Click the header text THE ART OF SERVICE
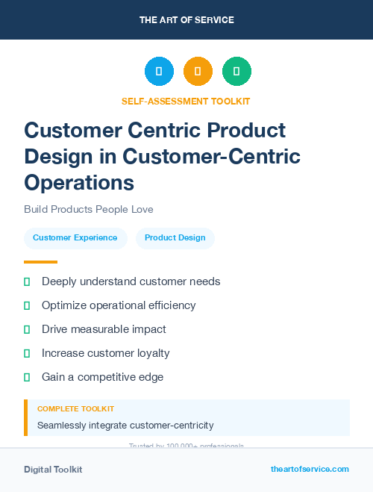[186, 20]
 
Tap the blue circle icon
[159, 71]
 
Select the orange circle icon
[198, 71]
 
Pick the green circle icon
[236, 71]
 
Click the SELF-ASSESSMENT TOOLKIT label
[186, 101]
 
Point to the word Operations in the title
[79, 182]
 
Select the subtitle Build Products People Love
[89, 209]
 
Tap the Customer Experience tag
[75, 237]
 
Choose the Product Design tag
[175, 237]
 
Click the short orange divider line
[40, 262]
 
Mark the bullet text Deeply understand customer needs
[131, 281]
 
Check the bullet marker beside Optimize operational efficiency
[27, 305]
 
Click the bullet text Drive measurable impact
[104, 329]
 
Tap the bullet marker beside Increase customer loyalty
[27, 353]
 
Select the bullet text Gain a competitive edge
[102, 377]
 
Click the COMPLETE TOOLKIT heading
[75, 409]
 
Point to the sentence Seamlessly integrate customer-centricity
[125, 426]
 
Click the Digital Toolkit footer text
[53, 470]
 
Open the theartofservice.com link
[310, 469]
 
